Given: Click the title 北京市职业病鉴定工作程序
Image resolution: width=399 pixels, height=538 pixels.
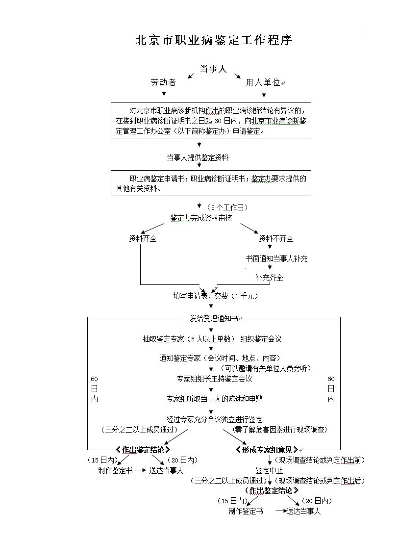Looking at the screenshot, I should click(214, 40).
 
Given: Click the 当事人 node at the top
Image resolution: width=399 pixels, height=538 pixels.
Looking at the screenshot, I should click(213, 69).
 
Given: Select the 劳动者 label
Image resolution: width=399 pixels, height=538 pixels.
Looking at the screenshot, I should click(163, 83).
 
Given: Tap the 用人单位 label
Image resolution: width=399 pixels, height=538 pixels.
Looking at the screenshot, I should click(263, 83).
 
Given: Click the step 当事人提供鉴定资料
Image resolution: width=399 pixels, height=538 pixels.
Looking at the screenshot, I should click(197, 157).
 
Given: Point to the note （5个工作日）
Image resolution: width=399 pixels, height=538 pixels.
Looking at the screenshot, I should click(227, 207).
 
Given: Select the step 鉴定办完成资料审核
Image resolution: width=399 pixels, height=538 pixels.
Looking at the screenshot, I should click(201, 218).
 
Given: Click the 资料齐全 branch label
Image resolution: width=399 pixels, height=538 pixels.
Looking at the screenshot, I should click(143, 239).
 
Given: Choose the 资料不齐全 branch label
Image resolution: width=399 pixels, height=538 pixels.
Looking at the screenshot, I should click(276, 239).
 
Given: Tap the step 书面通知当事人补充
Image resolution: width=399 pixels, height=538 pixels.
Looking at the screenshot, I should click(276, 258).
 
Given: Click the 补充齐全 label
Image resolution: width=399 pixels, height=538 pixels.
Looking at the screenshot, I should click(269, 278).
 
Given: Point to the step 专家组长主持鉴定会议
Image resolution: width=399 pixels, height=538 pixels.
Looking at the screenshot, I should click(214, 379).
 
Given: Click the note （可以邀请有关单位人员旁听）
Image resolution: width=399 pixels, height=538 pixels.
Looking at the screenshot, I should click(265, 368).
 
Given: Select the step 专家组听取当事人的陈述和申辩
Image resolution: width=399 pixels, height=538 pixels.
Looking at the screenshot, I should click(217, 399).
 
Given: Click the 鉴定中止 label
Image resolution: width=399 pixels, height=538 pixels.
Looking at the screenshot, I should click(269, 471).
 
